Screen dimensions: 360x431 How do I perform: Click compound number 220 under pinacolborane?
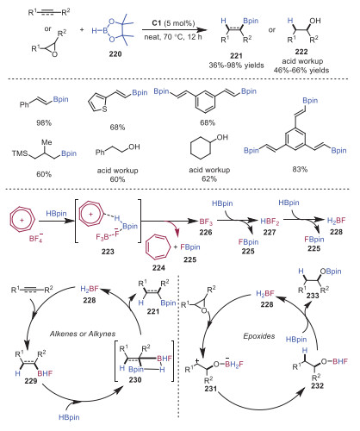coord(115,53)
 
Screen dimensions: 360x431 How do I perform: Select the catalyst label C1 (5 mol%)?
coord(173,23)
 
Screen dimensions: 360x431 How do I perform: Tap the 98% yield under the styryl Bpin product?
coord(44,122)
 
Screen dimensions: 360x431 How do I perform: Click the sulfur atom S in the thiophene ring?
coord(105,109)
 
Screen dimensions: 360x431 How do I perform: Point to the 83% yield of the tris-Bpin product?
coord(300,169)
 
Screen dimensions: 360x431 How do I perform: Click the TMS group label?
coord(20,153)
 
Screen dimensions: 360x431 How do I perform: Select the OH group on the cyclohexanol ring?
coord(222,137)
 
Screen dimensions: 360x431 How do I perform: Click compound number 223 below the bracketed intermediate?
coord(108,252)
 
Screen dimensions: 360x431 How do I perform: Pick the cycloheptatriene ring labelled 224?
coord(157,247)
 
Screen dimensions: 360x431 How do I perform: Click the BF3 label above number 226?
coord(206,222)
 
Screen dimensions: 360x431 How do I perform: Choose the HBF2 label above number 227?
coord(270,222)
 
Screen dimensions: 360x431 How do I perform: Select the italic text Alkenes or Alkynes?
coord(83,334)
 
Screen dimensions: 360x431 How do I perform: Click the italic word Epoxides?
coord(259,336)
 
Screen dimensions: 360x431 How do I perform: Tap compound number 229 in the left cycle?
coord(31,381)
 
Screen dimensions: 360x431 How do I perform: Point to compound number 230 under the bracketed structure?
coord(135,379)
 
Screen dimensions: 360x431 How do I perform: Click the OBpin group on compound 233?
coord(331,272)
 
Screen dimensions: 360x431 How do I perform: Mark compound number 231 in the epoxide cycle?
coord(211,389)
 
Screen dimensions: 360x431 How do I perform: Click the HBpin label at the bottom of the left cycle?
coord(69,417)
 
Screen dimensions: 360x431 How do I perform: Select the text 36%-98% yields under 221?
coord(236,66)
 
